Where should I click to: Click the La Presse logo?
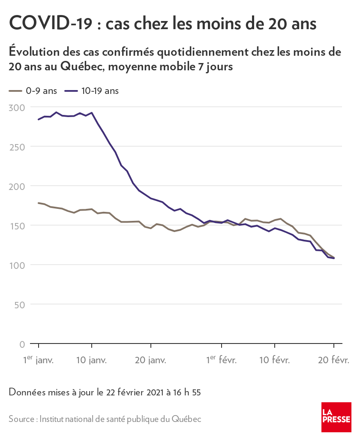tap(336, 417)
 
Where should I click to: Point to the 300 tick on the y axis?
tap(17, 107)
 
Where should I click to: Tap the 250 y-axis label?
tap(17, 147)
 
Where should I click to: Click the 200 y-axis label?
tap(17, 186)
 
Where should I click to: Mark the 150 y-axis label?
tap(17, 226)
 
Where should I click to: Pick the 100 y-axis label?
tap(17, 265)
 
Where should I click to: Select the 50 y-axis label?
tap(20, 304)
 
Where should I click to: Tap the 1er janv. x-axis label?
tap(38, 360)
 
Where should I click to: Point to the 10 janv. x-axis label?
tap(91, 360)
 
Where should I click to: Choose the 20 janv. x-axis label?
tap(150, 360)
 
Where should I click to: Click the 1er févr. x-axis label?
tap(221, 360)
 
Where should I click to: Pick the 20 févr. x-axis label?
tap(333, 360)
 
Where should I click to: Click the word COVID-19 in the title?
tap(50, 24)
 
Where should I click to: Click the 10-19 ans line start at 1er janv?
tap(39, 120)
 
